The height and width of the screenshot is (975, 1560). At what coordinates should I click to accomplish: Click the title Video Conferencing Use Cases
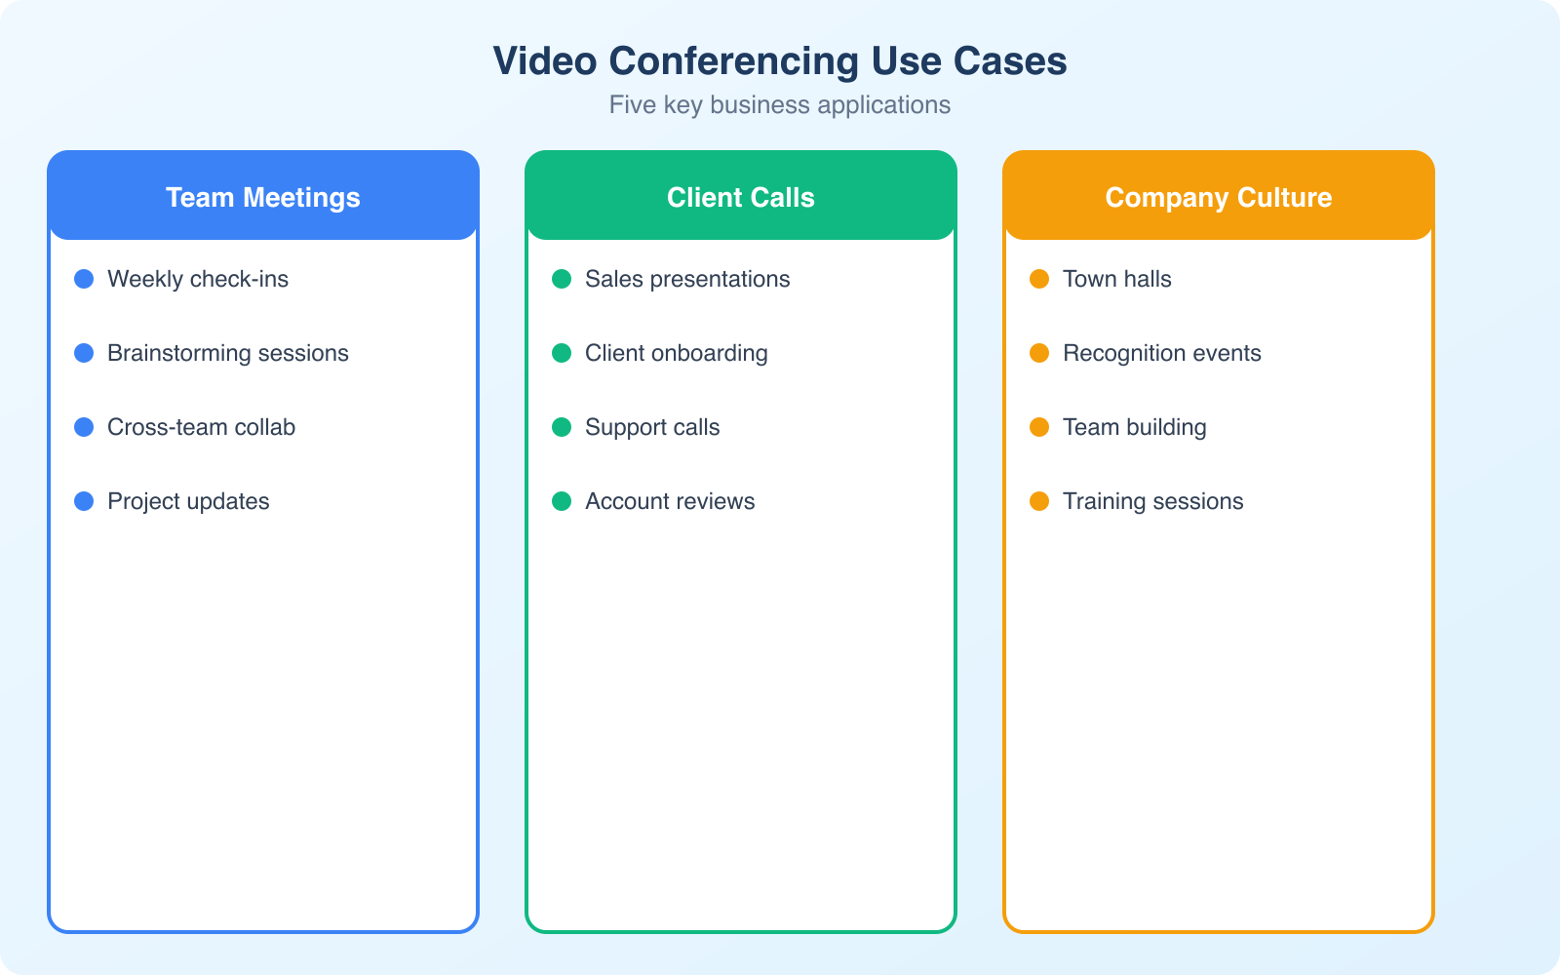point(779,61)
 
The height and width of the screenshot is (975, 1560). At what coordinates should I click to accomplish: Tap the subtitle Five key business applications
point(779,105)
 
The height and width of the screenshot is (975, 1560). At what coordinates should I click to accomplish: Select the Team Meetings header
point(263,197)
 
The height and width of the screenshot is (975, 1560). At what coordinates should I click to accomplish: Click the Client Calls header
point(741,197)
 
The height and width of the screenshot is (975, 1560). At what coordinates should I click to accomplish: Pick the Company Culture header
point(1218,197)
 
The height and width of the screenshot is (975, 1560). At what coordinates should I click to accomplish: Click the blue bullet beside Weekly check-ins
point(84,279)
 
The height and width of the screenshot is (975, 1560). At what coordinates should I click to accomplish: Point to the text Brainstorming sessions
point(227,353)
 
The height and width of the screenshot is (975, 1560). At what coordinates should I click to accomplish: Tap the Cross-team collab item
point(201,427)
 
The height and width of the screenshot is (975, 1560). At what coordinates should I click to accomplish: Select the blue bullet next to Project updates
point(84,501)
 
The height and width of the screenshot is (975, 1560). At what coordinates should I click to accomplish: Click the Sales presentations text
point(687,279)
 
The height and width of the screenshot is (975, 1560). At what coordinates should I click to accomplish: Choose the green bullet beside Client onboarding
point(562,353)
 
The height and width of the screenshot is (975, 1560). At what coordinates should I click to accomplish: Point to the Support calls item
point(652,427)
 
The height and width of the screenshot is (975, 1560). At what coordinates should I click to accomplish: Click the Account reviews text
point(670,501)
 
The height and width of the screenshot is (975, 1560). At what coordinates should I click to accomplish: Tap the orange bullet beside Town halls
point(1039,279)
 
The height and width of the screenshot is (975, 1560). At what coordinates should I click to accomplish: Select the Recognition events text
point(1161,353)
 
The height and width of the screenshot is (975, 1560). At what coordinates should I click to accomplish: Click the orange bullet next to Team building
point(1039,427)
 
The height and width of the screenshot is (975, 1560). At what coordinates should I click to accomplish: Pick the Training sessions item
point(1152,501)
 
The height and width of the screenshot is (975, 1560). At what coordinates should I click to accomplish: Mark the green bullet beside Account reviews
point(562,501)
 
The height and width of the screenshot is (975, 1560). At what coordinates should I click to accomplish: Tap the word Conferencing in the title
point(733,61)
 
